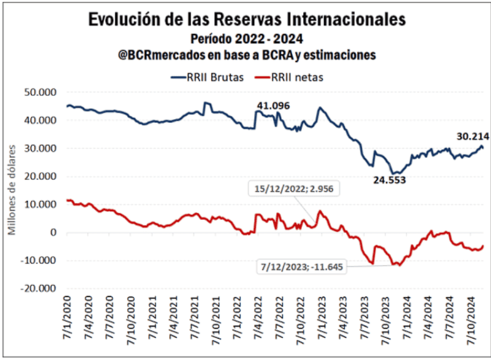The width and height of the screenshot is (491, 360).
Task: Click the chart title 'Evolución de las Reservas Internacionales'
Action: pyautogui.click(x=247, y=19)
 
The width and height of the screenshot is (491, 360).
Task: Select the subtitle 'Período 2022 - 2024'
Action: pyautogui.click(x=247, y=39)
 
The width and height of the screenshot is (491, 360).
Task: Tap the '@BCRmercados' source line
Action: pyautogui.click(x=247, y=55)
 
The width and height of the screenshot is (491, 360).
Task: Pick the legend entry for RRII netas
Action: pyautogui.click(x=289, y=77)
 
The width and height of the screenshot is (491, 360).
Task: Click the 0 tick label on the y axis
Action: pyautogui.click(x=53, y=232)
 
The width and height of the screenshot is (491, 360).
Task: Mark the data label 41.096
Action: pyautogui.click(x=273, y=106)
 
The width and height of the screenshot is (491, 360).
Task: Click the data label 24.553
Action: pyautogui.click(x=388, y=181)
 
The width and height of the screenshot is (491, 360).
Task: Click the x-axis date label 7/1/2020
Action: pyautogui.click(x=69, y=319)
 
